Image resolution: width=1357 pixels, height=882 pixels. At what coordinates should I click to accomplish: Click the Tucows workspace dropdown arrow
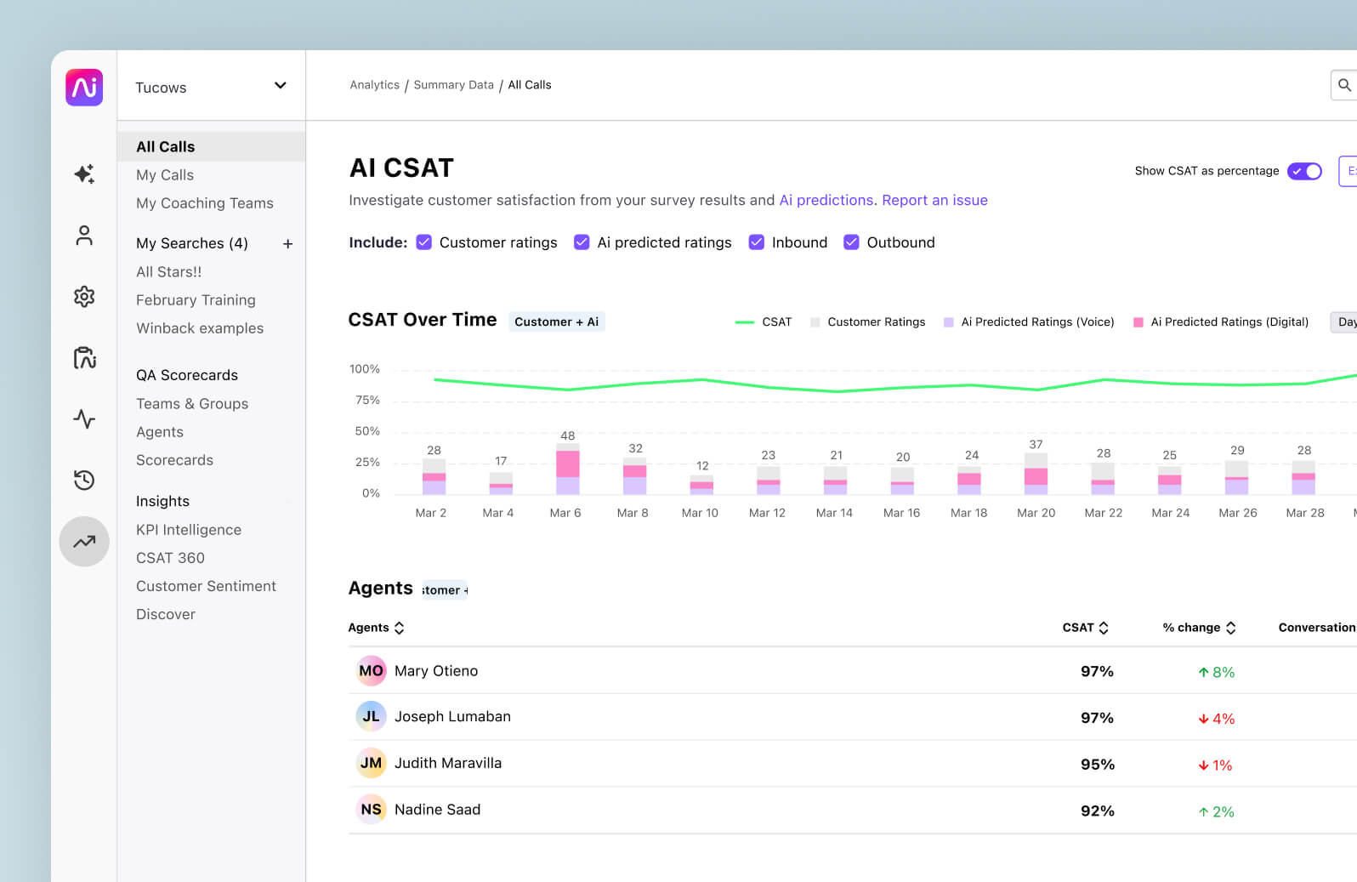point(280,86)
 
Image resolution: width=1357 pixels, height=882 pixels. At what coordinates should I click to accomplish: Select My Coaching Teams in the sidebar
point(205,203)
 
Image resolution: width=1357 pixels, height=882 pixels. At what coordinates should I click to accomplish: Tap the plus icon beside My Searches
point(287,244)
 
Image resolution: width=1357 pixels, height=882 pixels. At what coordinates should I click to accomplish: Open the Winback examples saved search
point(200,328)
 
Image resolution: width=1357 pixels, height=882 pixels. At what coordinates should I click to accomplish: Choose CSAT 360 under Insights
point(170,558)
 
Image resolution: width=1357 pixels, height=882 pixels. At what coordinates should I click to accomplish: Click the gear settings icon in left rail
point(84,297)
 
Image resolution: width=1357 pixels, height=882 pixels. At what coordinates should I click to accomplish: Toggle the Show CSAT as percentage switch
point(1304,171)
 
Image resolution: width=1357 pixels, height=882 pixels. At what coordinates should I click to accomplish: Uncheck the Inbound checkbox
point(756,242)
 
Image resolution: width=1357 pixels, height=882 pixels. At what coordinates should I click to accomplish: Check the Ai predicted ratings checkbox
point(582,242)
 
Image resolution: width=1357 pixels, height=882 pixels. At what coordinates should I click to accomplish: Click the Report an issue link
point(934,200)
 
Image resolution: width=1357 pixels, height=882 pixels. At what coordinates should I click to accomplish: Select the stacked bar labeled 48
point(567,469)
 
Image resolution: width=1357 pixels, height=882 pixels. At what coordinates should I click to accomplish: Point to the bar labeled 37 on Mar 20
point(1036,474)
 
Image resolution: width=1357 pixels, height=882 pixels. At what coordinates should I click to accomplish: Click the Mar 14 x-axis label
point(834,513)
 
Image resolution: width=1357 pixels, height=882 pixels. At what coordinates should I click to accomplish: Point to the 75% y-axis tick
point(367,401)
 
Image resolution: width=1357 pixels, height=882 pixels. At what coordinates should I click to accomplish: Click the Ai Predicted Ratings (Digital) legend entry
point(1221,322)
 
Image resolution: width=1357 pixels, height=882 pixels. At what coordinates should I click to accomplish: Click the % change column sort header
point(1199,628)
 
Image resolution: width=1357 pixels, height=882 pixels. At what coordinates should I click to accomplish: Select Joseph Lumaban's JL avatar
point(371,717)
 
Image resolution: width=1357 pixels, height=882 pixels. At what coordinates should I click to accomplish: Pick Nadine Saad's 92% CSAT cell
point(1097,811)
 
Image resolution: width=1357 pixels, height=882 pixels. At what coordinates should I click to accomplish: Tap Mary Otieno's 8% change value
point(1217,672)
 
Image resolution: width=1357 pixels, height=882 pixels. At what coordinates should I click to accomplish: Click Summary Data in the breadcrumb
point(453,85)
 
